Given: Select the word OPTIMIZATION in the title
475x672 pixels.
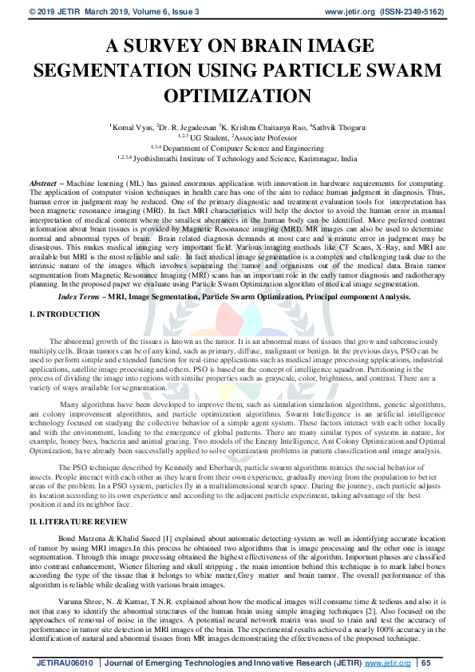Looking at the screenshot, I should click(x=237, y=97).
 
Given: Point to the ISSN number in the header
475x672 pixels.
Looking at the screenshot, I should click(x=413, y=12).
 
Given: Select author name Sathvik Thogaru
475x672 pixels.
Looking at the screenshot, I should click(x=338, y=127).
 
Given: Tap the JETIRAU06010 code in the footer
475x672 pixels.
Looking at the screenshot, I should click(x=65, y=663).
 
